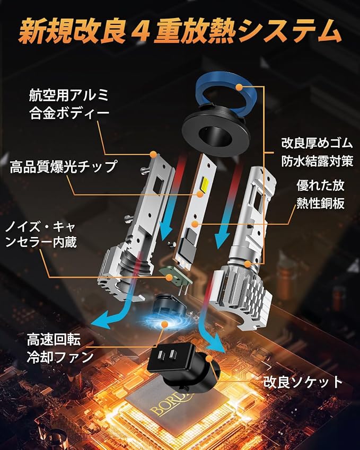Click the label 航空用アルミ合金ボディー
(x=68, y=104)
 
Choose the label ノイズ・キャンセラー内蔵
(x=41, y=234)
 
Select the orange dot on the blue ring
(x=239, y=86)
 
